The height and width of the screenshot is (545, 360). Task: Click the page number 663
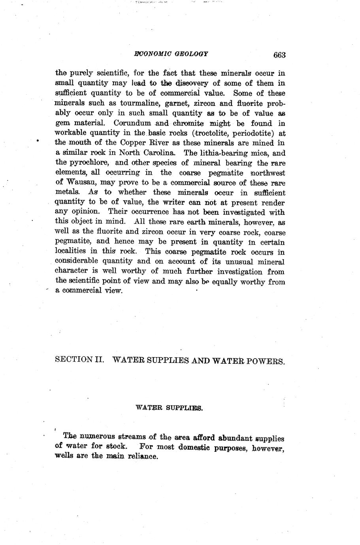tap(279, 55)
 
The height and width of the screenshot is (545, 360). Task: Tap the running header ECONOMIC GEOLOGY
tap(171, 54)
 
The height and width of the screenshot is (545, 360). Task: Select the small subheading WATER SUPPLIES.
tap(169, 407)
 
